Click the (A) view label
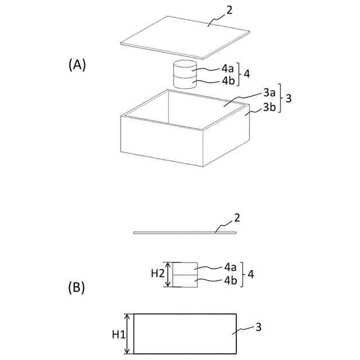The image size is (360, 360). point(77,65)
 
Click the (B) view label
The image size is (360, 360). point(76,288)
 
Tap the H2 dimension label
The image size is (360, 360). point(157,274)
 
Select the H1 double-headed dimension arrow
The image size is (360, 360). point(128,334)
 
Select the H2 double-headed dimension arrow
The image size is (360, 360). point(168,274)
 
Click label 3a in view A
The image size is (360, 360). point(269,92)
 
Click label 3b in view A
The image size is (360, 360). point(269,106)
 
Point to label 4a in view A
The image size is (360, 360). point(228,69)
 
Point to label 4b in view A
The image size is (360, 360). point(228,80)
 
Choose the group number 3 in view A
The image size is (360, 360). point(288,99)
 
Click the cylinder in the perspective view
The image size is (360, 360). point(184,74)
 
